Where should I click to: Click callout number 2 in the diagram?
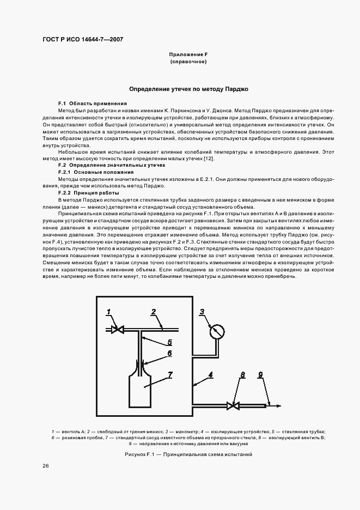tap(154, 312)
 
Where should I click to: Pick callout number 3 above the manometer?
tap(202, 312)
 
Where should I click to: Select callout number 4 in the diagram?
tap(210, 375)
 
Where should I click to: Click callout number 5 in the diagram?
tap(169, 343)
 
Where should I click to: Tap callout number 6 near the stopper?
tap(169, 353)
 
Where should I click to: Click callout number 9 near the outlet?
tap(260, 374)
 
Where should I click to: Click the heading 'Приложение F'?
tap(188, 55)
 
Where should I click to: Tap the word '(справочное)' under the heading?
tap(188, 63)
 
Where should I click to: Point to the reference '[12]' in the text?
tap(208, 158)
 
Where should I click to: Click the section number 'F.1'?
tap(62, 103)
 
